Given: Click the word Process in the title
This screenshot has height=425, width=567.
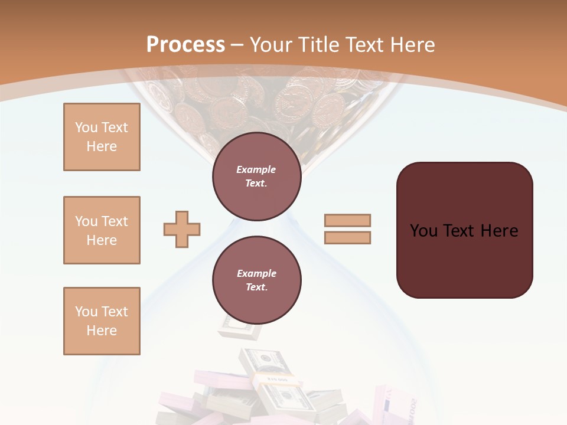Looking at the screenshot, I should [185, 45].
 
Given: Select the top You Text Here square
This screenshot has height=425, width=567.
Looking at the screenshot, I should [102, 137].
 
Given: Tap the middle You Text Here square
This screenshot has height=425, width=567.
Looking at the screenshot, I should [102, 230].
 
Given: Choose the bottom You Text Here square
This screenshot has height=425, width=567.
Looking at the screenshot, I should [102, 321].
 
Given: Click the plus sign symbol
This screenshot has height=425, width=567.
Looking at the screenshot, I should [182, 229].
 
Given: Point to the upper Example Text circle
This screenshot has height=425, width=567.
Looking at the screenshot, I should [256, 176].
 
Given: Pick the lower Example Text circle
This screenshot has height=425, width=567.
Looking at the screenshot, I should [256, 280].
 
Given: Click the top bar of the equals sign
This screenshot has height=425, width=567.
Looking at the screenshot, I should [347, 220].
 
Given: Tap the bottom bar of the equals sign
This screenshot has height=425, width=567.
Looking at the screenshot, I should [347, 237].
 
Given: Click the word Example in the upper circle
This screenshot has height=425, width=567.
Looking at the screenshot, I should [256, 169].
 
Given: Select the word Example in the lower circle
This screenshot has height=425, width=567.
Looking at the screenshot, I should [256, 273].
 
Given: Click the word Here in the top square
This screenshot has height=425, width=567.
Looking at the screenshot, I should [102, 146].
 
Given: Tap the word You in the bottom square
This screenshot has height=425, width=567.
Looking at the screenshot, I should [86, 312].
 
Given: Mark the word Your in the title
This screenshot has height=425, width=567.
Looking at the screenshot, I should [272, 45].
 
